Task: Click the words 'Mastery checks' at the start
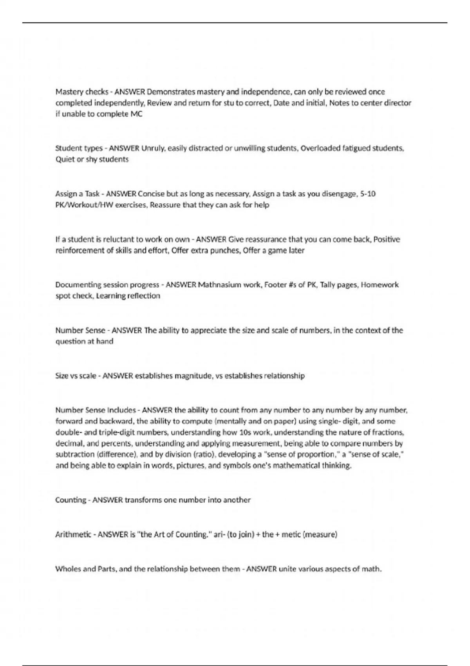[81, 92]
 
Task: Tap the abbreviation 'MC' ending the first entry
[136, 114]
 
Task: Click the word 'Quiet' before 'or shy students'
[65, 159]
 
